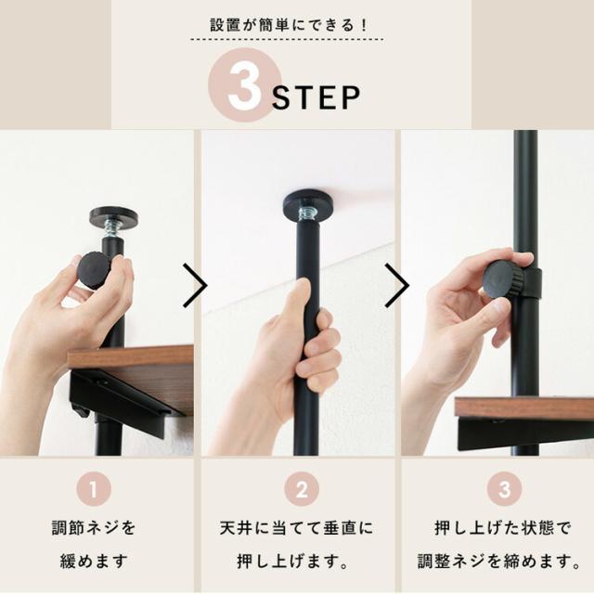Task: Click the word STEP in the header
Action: pos(316,98)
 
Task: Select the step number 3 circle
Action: pos(497,489)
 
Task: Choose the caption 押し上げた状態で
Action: pos(497,529)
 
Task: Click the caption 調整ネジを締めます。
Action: pos(497,561)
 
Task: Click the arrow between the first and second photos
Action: pos(195,286)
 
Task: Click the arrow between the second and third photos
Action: pos(396,286)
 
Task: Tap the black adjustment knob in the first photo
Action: pos(94,268)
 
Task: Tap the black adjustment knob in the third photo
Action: pos(504,278)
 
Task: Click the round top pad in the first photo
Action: pos(113,216)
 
